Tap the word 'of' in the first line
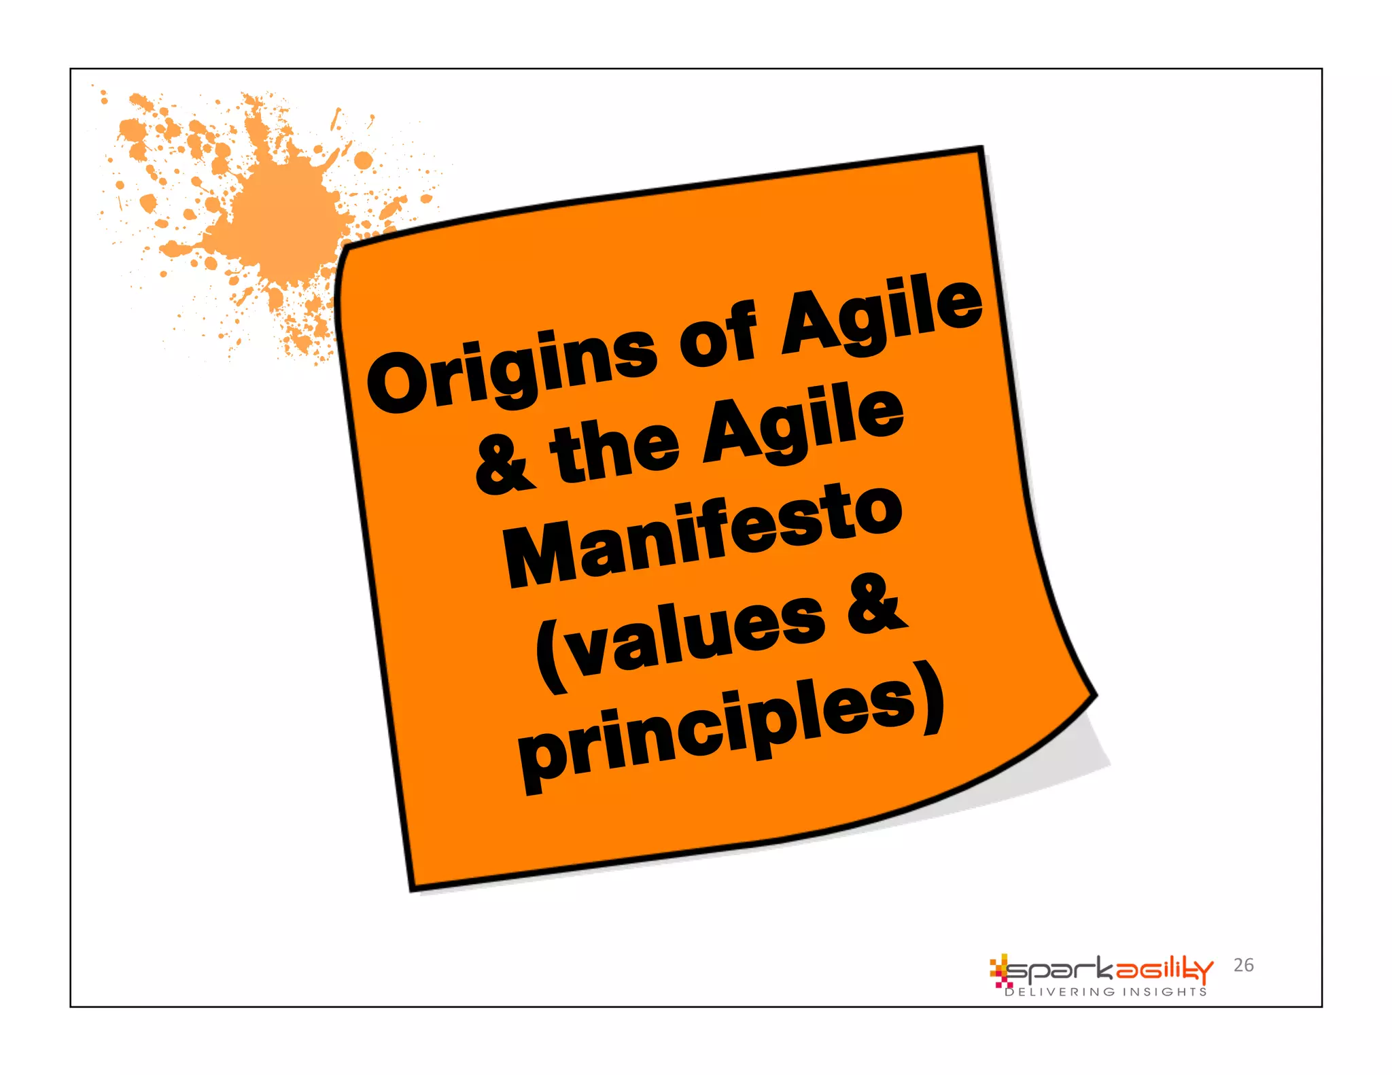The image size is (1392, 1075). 718,333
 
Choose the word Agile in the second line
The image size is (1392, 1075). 802,425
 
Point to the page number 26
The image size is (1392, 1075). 1243,965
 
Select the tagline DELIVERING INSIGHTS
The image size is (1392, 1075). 1106,992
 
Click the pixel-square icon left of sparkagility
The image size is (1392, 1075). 999,970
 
